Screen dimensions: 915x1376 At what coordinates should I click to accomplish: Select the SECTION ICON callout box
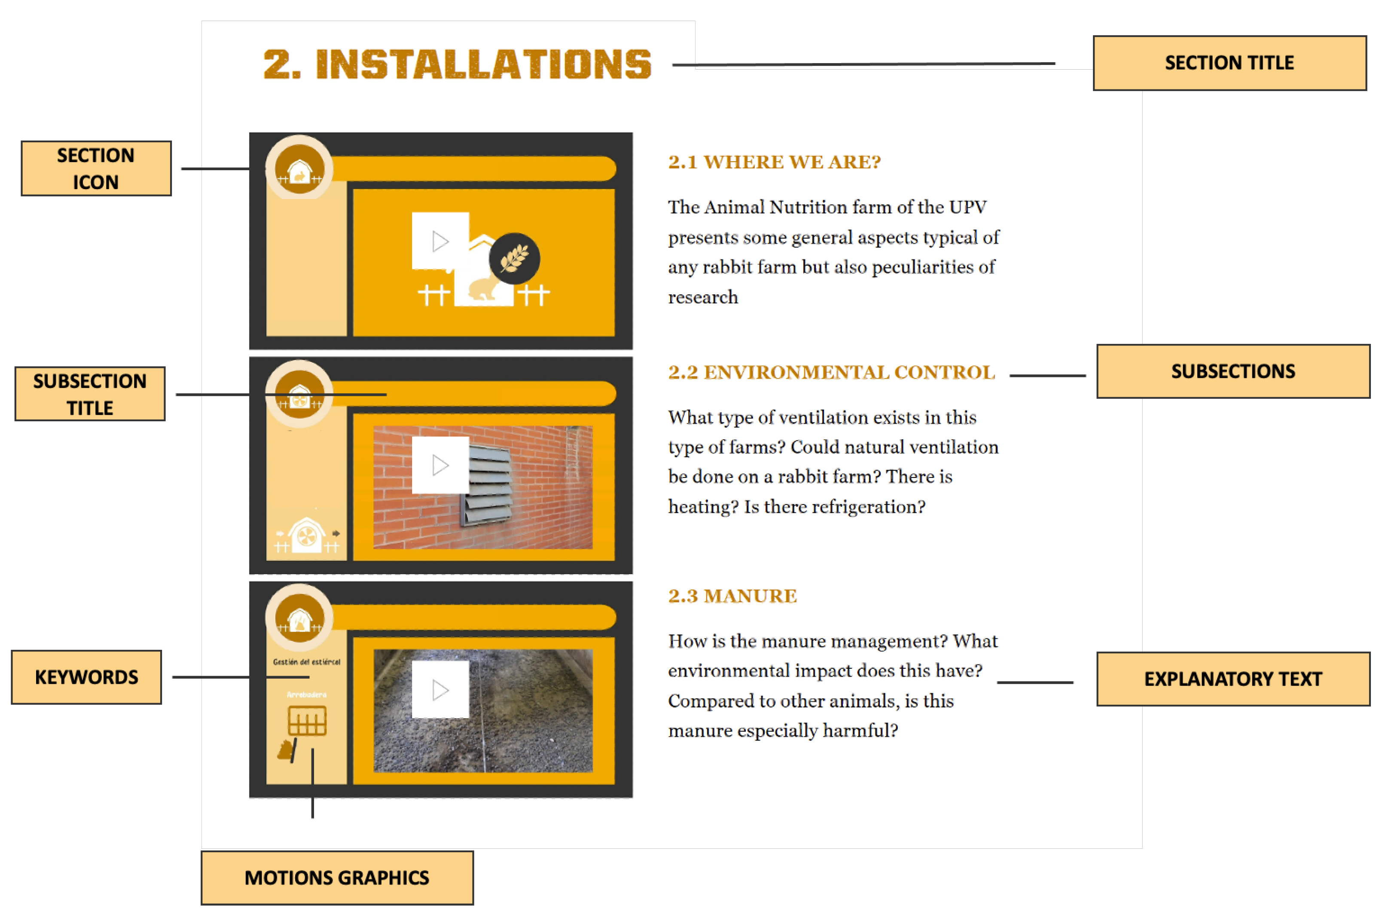point(96,168)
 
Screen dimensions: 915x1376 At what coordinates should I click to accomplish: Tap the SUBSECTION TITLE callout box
point(90,394)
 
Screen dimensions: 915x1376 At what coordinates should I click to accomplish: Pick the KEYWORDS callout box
point(86,677)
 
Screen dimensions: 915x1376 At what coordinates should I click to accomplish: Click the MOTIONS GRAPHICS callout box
point(336,877)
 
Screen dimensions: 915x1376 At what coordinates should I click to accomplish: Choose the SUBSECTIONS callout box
point(1233,371)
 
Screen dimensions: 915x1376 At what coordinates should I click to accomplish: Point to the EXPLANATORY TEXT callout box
point(1233,679)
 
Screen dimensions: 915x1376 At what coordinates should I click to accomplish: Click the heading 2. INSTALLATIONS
point(457,64)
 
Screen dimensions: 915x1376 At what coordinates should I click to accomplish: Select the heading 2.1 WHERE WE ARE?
point(774,162)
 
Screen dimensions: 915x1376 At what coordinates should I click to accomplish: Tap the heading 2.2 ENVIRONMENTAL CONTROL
point(831,372)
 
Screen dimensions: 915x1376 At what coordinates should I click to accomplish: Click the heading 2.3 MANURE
point(732,596)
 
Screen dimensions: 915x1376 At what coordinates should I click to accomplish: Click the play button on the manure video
point(440,690)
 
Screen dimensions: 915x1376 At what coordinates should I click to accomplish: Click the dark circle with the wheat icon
point(514,258)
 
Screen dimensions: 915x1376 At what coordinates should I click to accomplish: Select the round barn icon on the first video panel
point(299,168)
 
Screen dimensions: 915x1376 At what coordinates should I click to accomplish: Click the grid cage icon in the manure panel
point(307,721)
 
